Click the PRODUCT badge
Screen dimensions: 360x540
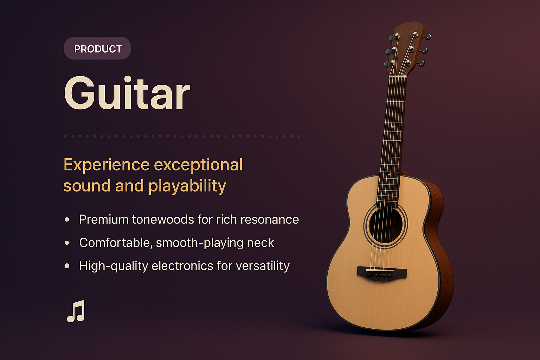coord(97,49)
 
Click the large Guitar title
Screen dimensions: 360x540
coord(127,94)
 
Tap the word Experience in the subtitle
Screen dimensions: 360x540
coord(107,165)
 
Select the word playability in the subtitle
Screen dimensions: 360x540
coord(187,186)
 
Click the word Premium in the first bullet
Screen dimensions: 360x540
coord(104,219)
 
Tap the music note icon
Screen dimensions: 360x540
coord(76,311)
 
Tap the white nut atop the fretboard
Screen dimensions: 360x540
coord(397,76)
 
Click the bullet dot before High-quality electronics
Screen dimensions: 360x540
coord(67,266)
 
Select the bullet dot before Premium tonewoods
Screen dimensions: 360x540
coord(67,219)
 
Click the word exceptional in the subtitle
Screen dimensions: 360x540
coord(198,165)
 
